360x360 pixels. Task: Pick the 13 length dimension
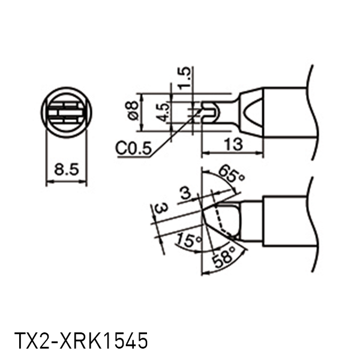click(232, 144)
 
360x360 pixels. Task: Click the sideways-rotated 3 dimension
click(160, 210)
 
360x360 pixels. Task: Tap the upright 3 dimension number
click(186, 193)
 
